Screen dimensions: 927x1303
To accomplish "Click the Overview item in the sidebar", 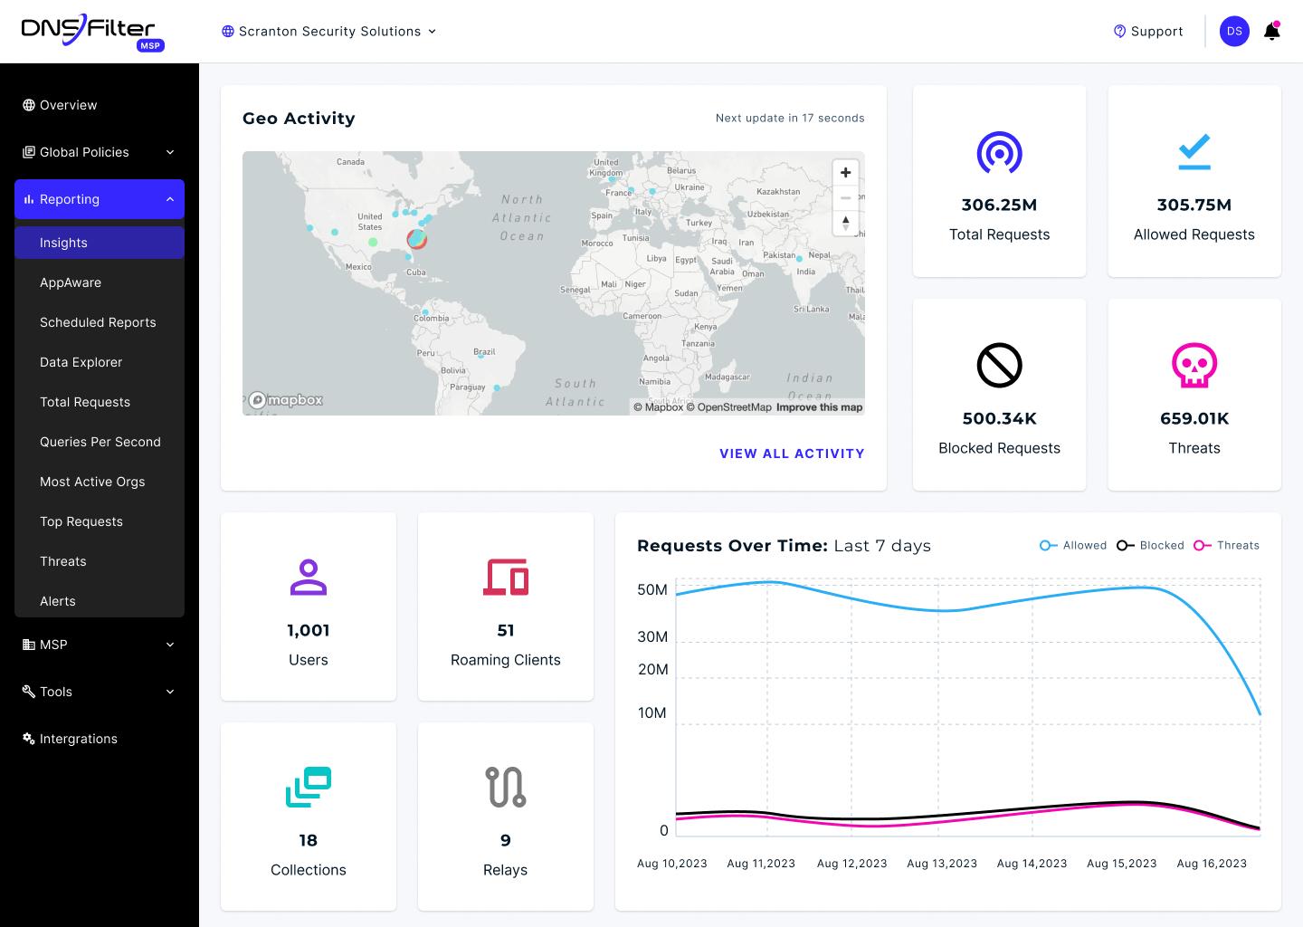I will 68,105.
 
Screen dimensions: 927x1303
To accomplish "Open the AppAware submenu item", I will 71,282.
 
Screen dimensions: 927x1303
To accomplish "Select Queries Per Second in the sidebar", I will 100,442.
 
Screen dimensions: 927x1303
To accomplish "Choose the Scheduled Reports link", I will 98,322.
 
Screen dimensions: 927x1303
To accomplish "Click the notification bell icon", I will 1271,32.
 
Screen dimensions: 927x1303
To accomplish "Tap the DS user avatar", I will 1234,32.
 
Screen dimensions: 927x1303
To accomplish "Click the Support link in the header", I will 1148,32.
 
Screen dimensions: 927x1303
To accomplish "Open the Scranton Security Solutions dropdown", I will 329,32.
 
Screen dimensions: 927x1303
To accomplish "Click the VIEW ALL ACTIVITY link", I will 792,454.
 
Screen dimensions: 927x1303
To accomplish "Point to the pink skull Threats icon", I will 1194,365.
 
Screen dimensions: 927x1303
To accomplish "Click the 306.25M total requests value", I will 999,205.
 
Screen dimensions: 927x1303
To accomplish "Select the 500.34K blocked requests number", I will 999,418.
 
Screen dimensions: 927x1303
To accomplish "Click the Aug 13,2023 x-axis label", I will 942,864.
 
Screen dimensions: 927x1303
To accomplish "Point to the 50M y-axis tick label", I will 652,590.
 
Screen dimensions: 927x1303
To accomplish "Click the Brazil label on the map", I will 484,352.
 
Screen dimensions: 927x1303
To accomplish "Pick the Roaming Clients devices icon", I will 506,577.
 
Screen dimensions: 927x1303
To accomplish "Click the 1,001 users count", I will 309,631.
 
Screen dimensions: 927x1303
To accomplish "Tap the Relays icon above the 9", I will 506,787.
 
